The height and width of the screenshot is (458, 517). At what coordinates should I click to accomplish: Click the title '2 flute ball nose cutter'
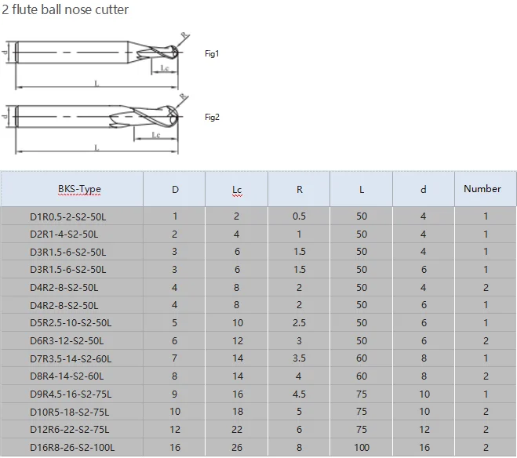click(66, 10)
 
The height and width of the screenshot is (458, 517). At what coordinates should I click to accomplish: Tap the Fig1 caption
click(212, 54)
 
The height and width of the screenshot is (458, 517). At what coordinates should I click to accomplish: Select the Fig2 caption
click(212, 118)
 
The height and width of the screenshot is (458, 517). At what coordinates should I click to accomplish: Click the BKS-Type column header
click(79, 189)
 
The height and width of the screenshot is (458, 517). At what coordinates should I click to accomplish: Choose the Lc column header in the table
click(237, 190)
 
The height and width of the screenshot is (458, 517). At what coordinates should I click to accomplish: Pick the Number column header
click(482, 188)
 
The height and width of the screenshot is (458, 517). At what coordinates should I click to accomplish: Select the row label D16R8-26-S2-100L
click(72, 448)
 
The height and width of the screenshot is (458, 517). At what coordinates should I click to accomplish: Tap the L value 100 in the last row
click(361, 448)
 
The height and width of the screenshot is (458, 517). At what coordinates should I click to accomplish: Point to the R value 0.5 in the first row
click(299, 216)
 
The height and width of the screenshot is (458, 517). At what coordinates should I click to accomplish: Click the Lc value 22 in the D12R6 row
click(237, 430)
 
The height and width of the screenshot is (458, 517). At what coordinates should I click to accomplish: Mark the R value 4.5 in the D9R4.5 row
click(299, 394)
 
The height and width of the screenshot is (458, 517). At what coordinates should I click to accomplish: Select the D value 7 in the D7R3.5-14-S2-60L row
click(174, 359)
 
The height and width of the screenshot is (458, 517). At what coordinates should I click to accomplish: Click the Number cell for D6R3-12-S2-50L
click(486, 341)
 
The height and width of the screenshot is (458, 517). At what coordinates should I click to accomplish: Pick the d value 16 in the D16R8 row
click(424, 448)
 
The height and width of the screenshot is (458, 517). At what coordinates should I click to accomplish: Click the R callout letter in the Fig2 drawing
click(183, 96)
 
